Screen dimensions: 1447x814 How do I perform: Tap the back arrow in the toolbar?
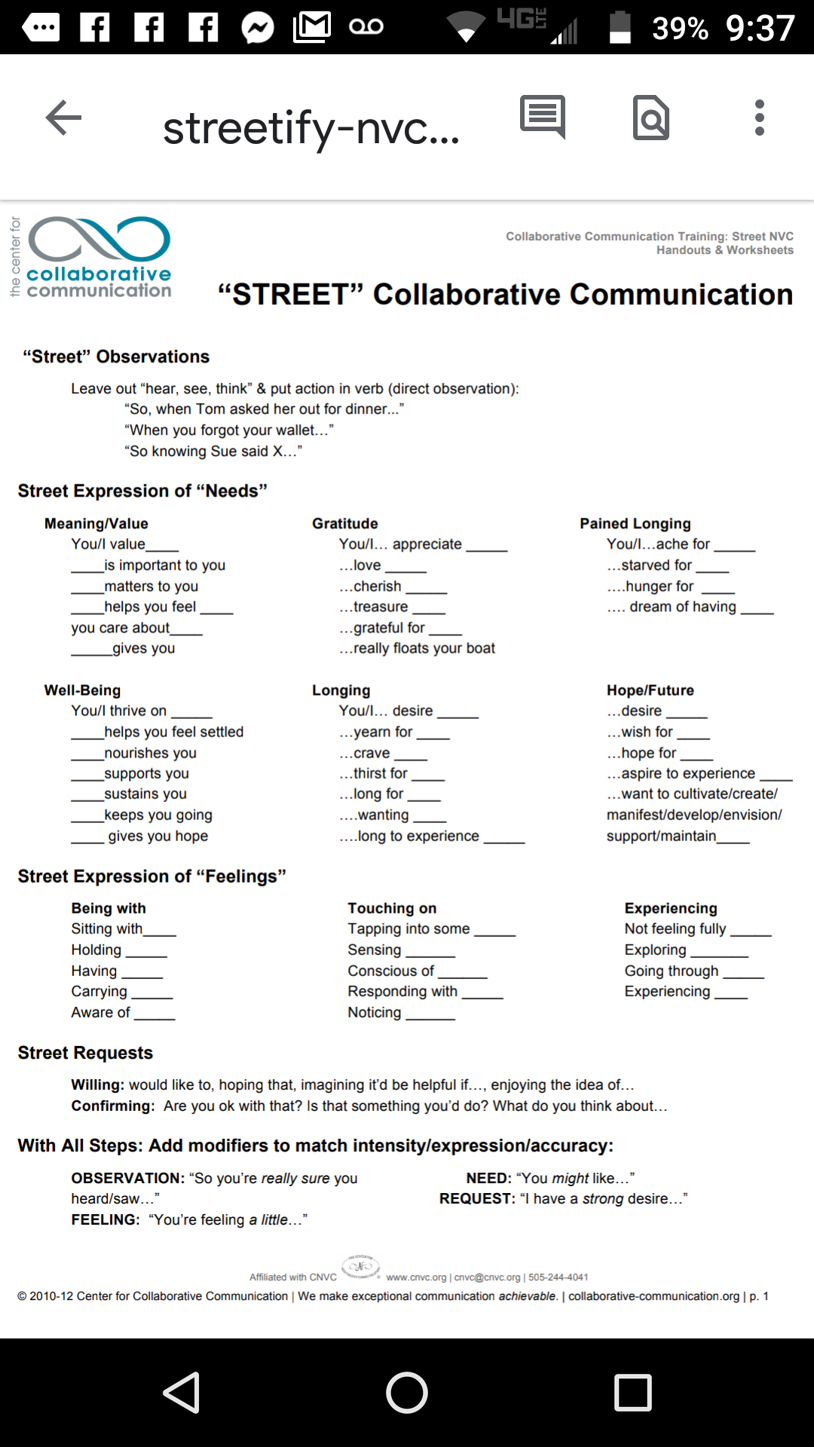tap(63, 118)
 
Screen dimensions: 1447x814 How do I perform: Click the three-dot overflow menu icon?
tap(759, 118)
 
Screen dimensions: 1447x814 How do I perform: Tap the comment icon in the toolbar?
tap(543, 117)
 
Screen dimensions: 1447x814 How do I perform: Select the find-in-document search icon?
tap(651, 118)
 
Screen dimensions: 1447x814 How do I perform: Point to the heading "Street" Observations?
tap(116, 356)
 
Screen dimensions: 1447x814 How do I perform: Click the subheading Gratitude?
tap(344, 524)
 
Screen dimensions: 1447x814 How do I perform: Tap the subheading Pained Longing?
tap(635, 524)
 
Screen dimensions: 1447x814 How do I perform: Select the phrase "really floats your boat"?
tap(424, 648)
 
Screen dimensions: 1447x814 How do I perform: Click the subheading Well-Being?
tap(82, 690)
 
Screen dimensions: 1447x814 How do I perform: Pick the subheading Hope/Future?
tap(650, 690)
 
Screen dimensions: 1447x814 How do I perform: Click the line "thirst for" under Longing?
tap(380, 773)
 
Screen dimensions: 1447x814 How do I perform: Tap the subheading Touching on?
tap(392, 908)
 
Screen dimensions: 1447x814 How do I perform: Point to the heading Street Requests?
tap(85, 1053)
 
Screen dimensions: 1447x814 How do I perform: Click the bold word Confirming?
tap(112, 1106)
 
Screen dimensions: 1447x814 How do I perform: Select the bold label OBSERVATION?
tap(127, 1178)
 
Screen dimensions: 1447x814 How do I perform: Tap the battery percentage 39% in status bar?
tap(680, 29)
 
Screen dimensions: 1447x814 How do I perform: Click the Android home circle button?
tap(407, 1392)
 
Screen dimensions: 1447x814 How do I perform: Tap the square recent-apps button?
tap(632, 1392)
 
